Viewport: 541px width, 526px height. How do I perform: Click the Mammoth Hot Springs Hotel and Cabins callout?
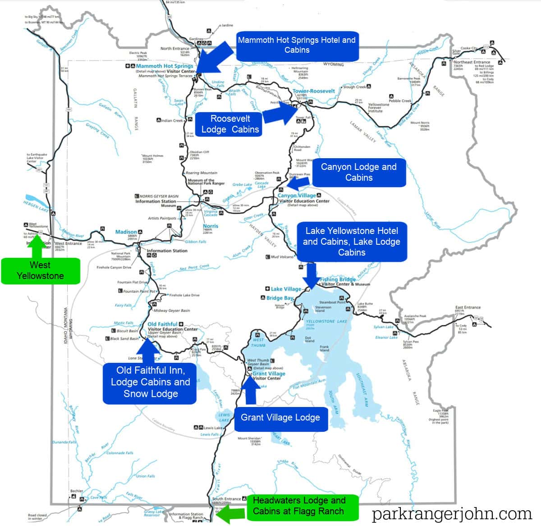tap(297, 45)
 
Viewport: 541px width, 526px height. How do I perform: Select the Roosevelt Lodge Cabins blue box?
tap(230, 124)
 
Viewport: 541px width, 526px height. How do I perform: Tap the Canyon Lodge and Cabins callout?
tap(359, 172)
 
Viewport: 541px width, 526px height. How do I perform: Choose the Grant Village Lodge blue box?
tap(280, 417)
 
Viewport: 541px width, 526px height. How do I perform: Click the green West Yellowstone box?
tap(41, 270)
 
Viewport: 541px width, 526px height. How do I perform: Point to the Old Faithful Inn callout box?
tap(151, 382)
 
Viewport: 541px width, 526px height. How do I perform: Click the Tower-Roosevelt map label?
tap(314, 91)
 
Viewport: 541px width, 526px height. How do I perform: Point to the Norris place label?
tap(211, 226)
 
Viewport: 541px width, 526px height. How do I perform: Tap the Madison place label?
tap(126, 232)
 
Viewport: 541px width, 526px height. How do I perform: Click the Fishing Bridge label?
tap(338, 279)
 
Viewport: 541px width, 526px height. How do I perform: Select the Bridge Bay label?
tap(280, 298)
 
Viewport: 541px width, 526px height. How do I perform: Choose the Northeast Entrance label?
tap(472, 62)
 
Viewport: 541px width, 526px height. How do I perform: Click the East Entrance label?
tap(468, 307)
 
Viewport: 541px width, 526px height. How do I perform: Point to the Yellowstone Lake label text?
tap(320, 321)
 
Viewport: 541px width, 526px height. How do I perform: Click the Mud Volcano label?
tap(281, 257)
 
